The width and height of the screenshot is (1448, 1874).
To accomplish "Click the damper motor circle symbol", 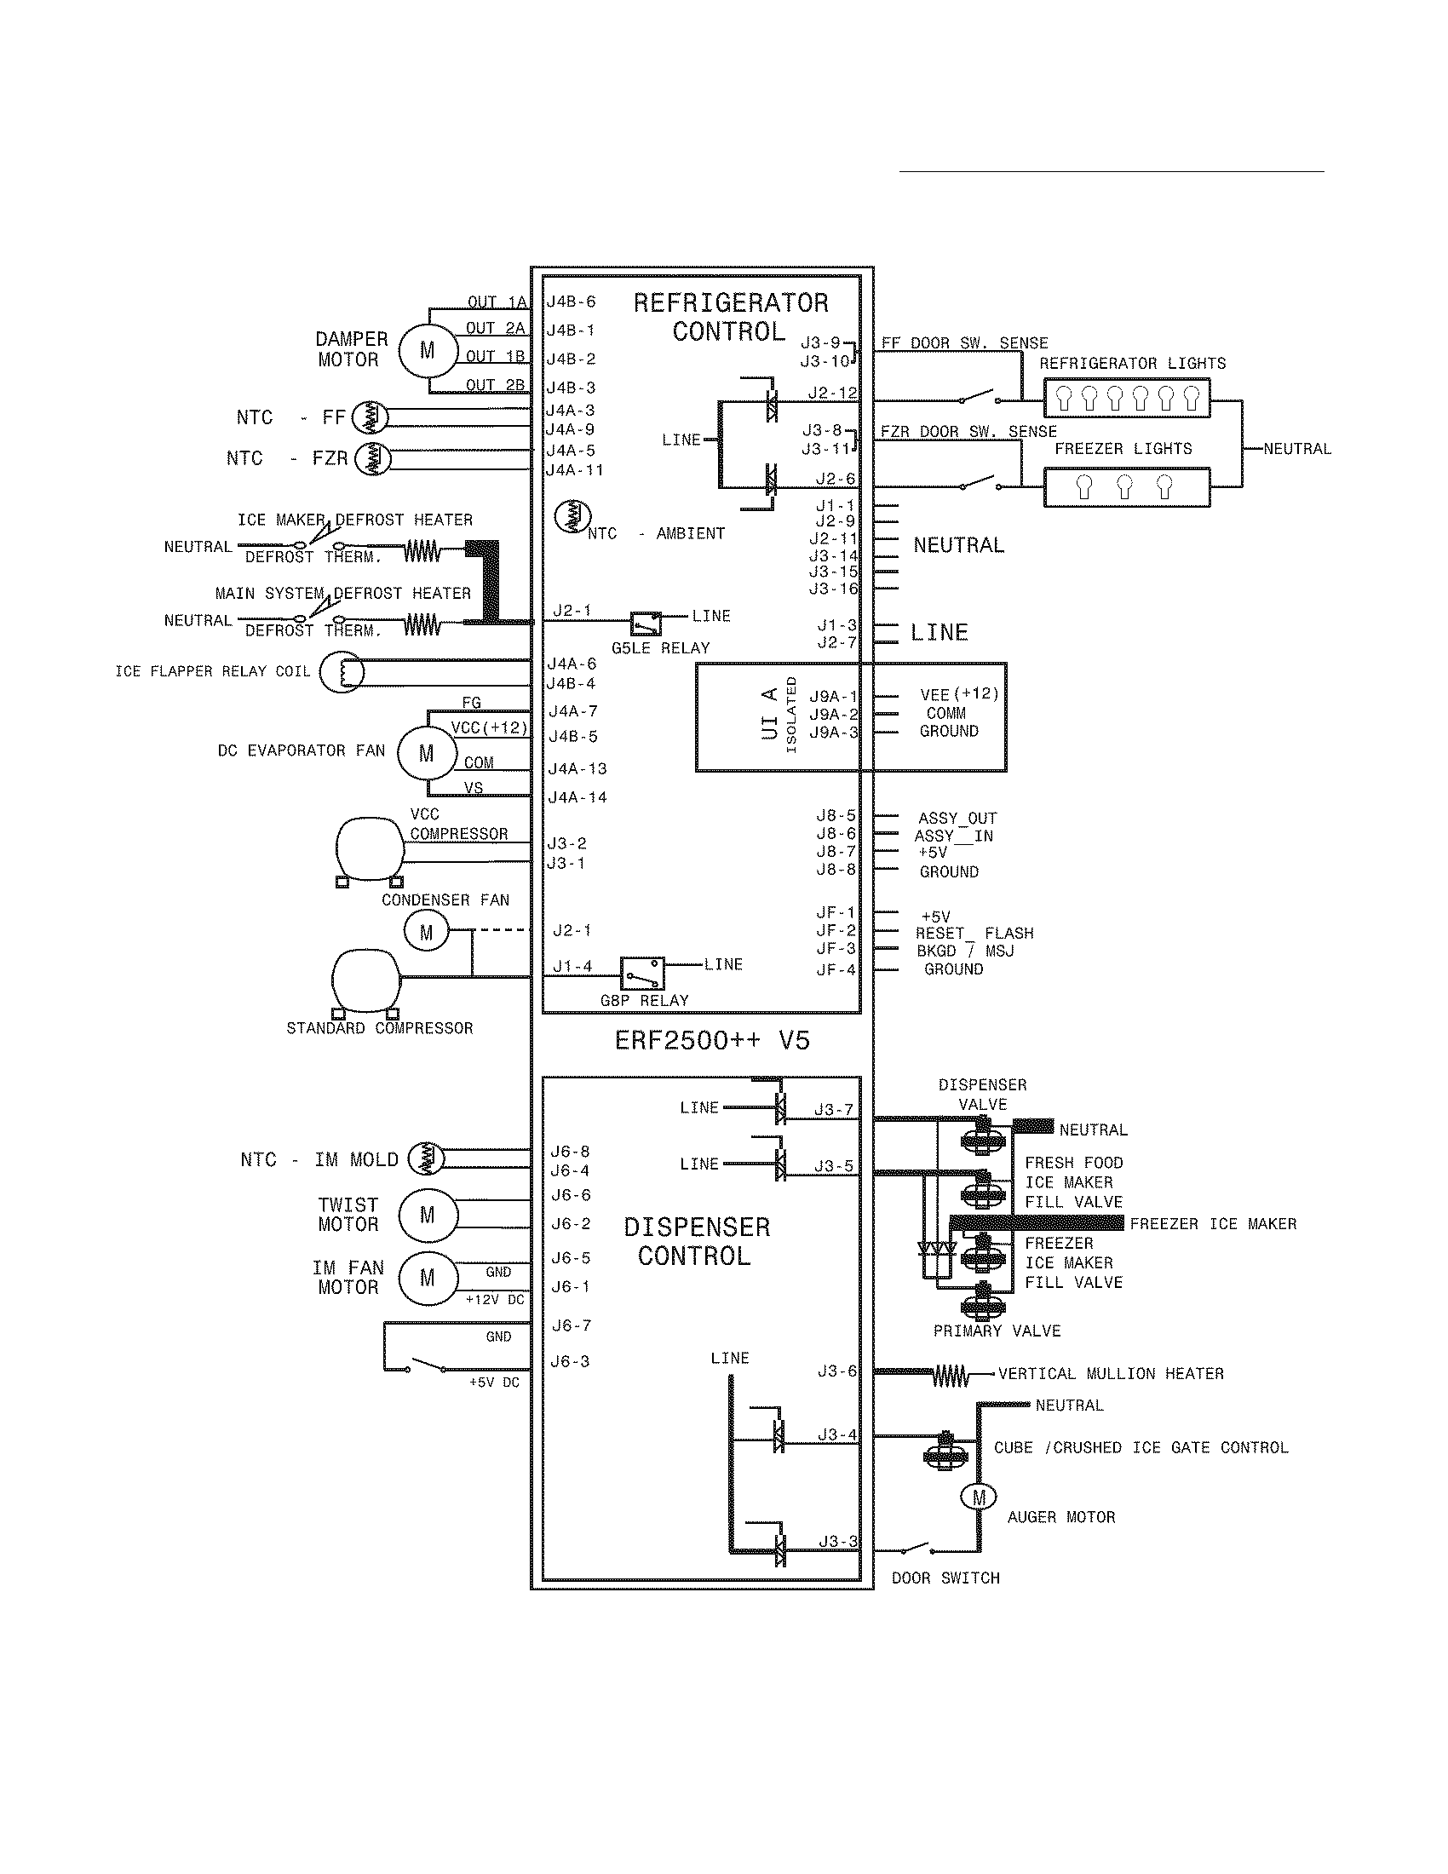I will (427, 350).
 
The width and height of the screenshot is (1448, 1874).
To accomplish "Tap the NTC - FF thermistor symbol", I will (370, 417).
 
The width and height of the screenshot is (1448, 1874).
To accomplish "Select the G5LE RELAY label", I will (660, 648).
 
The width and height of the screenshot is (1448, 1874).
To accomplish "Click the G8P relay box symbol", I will (642, 974).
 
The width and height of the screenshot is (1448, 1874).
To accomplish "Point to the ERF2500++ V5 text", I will (712, 1041).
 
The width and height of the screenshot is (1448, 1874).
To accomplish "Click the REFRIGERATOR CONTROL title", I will (730, 317).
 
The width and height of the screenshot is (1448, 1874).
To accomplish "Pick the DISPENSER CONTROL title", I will (696, 1242).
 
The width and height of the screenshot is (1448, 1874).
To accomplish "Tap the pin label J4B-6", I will (572, 302).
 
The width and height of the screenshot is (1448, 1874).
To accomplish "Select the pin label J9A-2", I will (833, 714).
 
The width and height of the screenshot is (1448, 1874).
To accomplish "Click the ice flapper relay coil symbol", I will (342, 672).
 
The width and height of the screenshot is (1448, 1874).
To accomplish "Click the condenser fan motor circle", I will (427, 933).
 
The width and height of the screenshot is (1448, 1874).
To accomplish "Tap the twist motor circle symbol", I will (428, 1215).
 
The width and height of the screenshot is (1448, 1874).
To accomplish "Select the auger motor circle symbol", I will (979, 1497).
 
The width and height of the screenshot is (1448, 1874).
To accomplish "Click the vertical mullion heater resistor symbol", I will (951, 1377).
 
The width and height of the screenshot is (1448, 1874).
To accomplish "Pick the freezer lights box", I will (1126, 487).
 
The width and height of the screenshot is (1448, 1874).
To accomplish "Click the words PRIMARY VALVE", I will (997, 1331).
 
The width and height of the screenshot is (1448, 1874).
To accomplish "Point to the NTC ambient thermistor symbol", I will (572, 515).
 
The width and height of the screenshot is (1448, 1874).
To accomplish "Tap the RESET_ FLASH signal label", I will (974, 933).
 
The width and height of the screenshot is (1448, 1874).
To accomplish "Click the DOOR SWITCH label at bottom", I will (945, 1578).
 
